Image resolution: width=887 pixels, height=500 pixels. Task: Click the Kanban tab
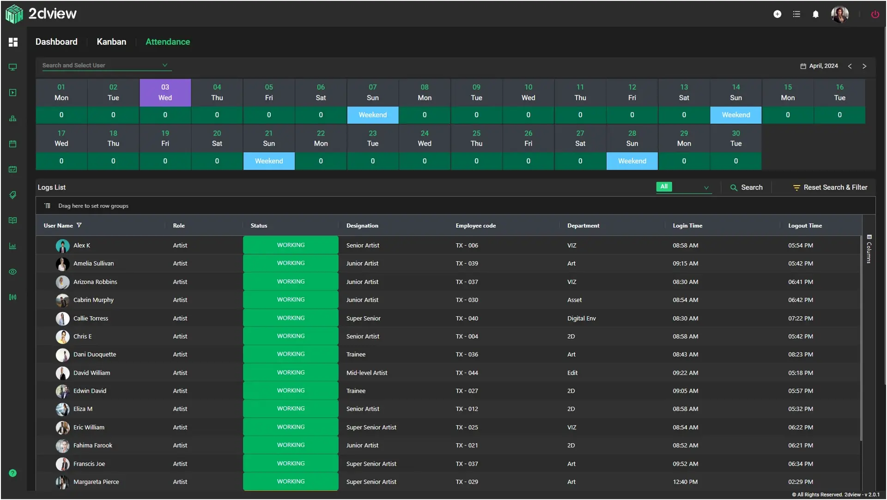pos(111,42)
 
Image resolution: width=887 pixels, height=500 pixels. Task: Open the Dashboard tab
pos(56,42)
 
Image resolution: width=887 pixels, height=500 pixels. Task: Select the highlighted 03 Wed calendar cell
pos(165,93)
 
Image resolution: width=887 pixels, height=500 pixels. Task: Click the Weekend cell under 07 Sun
pos(373,115)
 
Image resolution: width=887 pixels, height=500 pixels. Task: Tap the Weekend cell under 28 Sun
pos(632,161)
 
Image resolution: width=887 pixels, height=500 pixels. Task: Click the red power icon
pos(875,14)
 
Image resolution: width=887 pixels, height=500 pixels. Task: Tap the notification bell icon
pos(816,14)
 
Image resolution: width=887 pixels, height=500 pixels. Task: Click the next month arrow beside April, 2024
pos(864,66)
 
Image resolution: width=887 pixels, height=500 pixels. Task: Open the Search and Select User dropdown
pos(107,65)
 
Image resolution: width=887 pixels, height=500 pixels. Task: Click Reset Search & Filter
pos(830,187)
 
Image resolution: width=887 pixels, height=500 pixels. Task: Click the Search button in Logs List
pos(747,187)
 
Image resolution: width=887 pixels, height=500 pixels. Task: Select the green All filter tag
pos(664,186)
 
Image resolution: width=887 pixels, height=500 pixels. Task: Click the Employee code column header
pos(476,226)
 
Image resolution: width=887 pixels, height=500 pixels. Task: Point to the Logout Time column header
pos(805,226)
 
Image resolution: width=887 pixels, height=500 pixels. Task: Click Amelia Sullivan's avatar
pos(62,264)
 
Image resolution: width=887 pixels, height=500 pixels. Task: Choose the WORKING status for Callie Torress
pos(291,318)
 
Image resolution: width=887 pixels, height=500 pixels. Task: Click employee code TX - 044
pos(467,373)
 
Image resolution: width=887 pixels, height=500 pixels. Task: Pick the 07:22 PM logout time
pos(801,318)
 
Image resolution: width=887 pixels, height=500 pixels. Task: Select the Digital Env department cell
pos(582,318)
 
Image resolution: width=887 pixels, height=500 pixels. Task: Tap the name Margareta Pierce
pos(96,482)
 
